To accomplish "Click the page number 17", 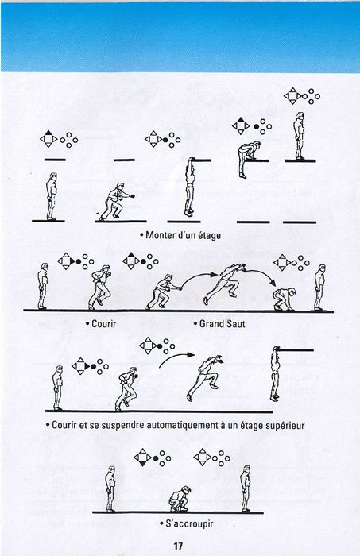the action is click(178, 546).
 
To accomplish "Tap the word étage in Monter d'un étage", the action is click(209, 236).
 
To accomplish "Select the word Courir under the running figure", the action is click(103, 324).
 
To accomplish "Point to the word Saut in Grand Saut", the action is click(234, 324).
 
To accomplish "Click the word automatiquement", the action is click(176, 425).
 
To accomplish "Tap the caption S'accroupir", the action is click(189, 523).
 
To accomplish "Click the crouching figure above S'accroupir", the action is click(180, 500).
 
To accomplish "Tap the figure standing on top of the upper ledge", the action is click(300, 136).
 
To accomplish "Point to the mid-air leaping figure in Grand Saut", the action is click(225, 283).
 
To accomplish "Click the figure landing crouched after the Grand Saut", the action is click(284, 299).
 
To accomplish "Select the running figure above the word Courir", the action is click(99, 288).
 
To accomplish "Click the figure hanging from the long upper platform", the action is click(275, 374).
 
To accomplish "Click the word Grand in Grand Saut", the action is click(211, 324).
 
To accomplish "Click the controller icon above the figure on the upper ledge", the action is click(302, 96).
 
